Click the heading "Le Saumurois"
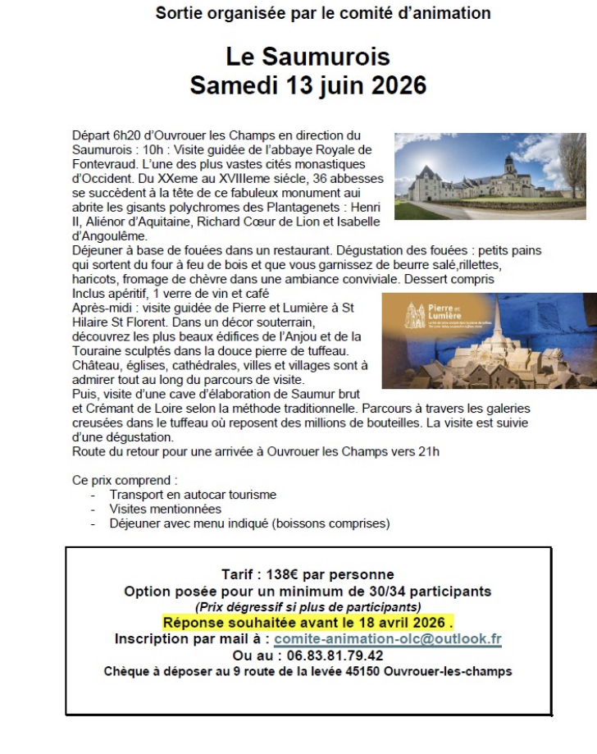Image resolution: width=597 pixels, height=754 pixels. (x=308, y=57)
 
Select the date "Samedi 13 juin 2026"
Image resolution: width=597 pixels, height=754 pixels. (x=308, y=85)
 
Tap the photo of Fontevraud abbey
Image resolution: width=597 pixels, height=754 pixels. (x=490, y=176)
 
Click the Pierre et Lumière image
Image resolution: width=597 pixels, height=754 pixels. (x=489, y=340)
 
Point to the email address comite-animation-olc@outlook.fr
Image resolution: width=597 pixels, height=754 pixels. (x=388, y=638)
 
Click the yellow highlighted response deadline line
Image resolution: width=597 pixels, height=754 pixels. (x=308, y=623)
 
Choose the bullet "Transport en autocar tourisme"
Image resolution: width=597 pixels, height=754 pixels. (x=193, y=495)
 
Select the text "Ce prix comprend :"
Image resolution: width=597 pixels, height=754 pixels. (x=125, y=480)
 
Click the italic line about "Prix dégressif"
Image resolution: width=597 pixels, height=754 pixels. (x=308, y=607)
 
